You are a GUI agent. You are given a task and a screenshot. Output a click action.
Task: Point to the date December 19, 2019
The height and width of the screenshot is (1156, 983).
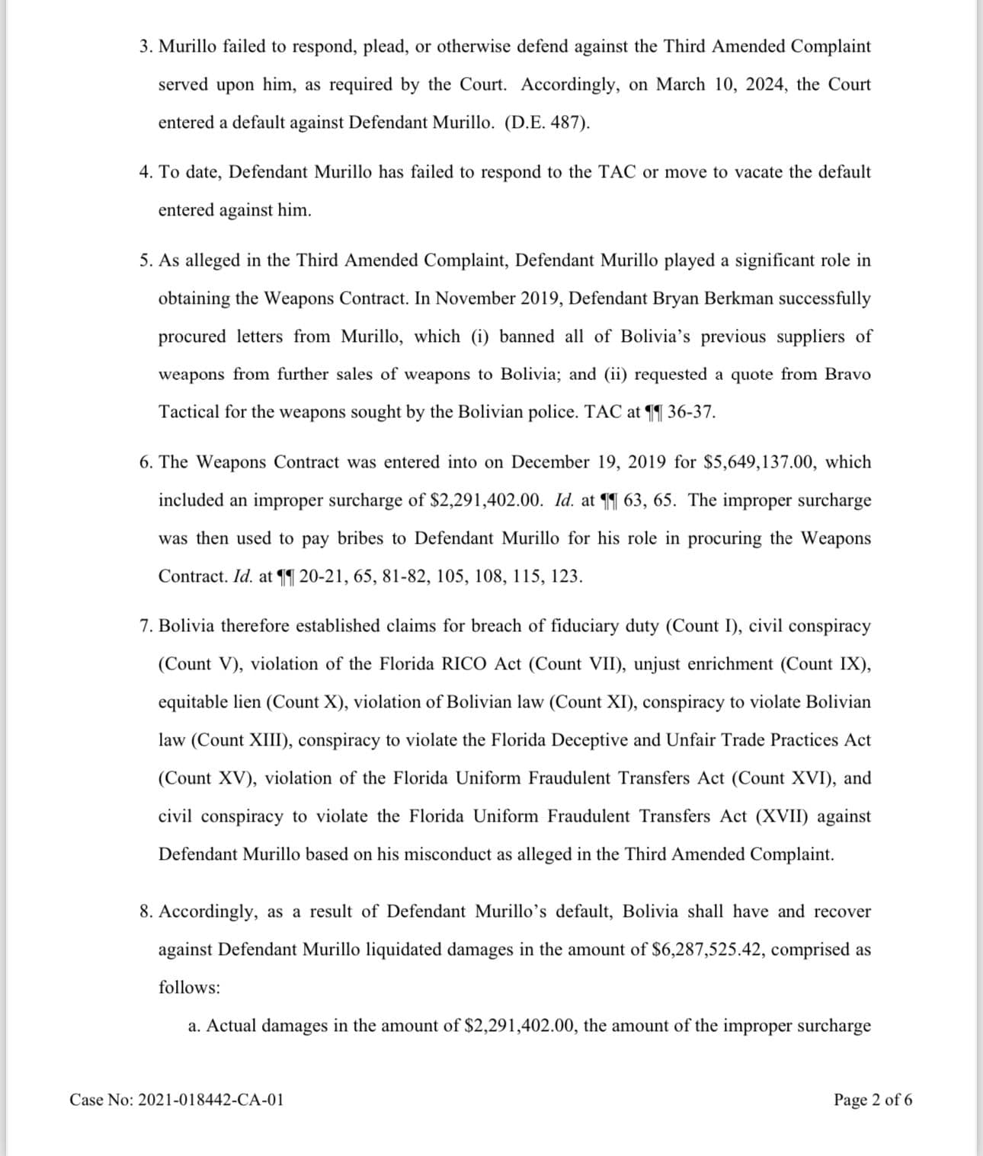tap(589, 462)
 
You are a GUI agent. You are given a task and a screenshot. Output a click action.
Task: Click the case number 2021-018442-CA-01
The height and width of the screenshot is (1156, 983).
tap(211, 1100)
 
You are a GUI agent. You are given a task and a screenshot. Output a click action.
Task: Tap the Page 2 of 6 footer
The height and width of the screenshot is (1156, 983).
tap(873, 1100)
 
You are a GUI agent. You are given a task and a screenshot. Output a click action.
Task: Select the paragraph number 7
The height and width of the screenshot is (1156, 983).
tap(145, 626)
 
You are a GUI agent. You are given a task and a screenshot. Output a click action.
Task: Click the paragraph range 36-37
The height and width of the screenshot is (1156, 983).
tap(691, 413)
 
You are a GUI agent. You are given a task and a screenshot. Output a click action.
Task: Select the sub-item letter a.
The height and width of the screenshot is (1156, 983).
tap(194, 1026)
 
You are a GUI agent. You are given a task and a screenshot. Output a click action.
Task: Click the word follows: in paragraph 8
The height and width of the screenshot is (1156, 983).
tap(189, 988)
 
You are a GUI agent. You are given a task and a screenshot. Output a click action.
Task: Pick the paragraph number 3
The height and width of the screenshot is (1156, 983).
tap(145, 46)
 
